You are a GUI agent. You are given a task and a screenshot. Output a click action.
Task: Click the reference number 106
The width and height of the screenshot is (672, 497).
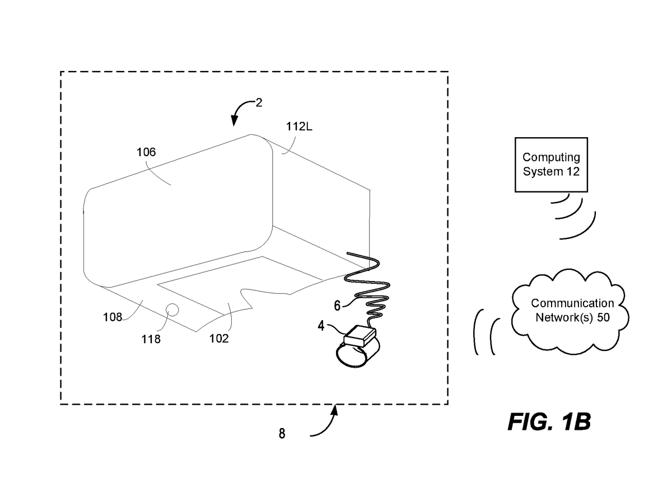(146, 152)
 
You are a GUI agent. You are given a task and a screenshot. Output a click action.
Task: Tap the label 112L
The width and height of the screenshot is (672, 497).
(299, 126)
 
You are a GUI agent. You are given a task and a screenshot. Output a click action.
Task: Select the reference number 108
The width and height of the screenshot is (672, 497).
(113, 317)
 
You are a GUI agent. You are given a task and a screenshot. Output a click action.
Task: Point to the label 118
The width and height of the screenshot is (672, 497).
(151, 339)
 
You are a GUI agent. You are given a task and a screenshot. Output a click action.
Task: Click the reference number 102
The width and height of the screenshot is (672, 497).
(219, 338)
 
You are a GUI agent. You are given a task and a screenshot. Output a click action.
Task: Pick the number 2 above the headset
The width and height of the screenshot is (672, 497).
(258, 102)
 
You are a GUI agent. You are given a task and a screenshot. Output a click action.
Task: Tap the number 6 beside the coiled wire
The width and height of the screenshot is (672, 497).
(337, 306)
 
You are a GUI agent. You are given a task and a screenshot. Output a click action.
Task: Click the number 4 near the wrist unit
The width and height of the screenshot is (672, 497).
(321, 326)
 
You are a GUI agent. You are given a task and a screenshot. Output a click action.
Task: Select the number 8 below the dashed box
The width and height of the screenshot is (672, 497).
(282, 434)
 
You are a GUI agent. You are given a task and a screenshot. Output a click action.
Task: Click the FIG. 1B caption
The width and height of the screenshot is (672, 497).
(549, 422)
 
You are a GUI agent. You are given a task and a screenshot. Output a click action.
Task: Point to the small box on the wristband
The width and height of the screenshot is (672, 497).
(360, 336)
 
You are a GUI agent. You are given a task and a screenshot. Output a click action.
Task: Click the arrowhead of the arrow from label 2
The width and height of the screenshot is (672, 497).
(234, 121)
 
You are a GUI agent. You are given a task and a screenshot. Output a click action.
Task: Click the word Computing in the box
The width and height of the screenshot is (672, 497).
(551, 157)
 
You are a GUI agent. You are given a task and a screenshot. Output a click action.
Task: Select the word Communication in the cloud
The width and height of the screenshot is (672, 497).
(572, 303)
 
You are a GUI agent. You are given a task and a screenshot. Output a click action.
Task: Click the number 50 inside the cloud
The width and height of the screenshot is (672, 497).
(603, 317)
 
